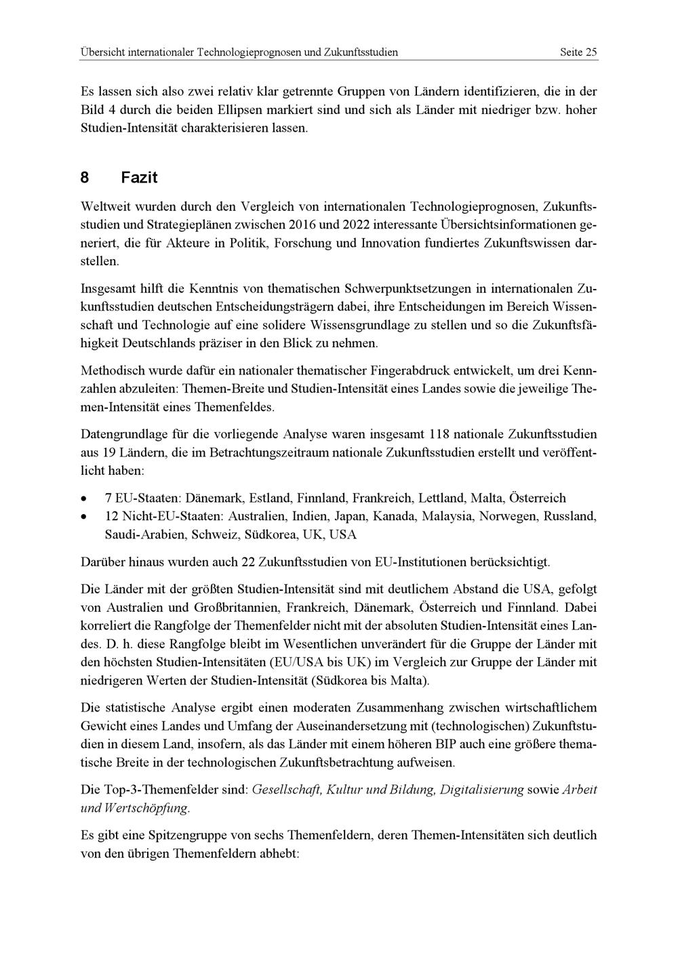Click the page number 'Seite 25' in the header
click(578, 52)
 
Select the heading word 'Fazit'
click(139, 178)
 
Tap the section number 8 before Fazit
click(85, 178)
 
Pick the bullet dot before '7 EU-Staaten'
click(83, 498)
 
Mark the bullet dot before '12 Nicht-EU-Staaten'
click(83, 517)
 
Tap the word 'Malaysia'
click(447, 516)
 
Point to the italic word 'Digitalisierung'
click(482, 789)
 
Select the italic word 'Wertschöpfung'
click(146, 808)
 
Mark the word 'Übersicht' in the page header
click(103, 52)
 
